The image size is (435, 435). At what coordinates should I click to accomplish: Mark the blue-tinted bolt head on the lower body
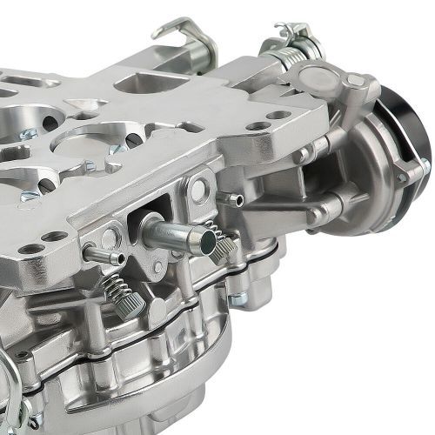[236, 299]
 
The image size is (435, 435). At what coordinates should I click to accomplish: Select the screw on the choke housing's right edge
[425, 165]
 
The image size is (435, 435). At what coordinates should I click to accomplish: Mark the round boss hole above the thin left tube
[110, 237]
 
